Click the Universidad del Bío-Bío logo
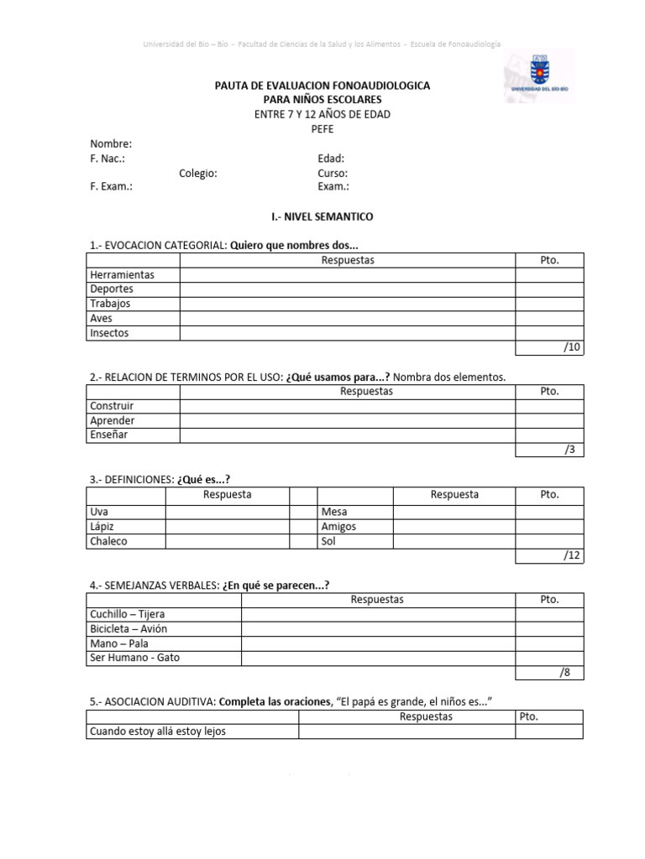[538, 75]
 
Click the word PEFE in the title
[322, 129]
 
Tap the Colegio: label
[198, 173]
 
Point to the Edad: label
[331, 158]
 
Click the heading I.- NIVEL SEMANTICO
[322, 216]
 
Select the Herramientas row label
[123, 274]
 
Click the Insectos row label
[109, 333]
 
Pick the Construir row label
[112, 406]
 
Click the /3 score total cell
[549, 450]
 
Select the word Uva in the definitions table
[98, 512]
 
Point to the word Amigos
[338, 527]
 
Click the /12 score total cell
[549, 556]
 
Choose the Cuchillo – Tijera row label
[128, 614]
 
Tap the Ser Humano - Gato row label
[134, 658]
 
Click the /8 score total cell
[549, 673]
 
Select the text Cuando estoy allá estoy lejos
[158, 731]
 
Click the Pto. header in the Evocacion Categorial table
[549, 260]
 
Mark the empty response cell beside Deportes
[348, 289]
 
